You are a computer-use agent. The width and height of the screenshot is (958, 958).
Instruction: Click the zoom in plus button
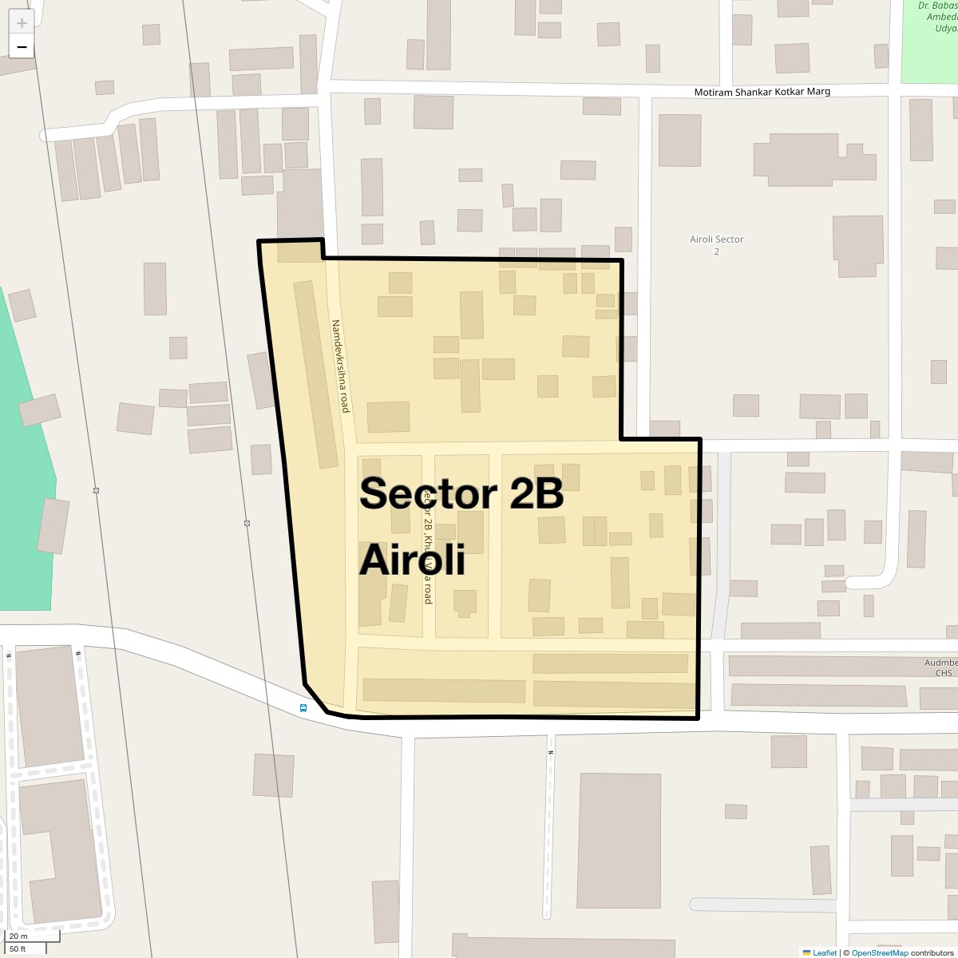click(22, 23)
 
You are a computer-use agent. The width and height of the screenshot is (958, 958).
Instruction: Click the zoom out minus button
click(22, 47)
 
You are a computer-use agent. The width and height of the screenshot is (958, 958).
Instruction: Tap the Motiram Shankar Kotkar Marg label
click(762, 92)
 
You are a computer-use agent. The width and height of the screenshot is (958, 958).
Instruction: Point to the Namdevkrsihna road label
click(341, 366)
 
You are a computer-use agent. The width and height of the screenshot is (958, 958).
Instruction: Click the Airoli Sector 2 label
click(716, 245)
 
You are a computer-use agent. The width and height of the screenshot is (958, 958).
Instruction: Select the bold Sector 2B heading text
click(461, 494)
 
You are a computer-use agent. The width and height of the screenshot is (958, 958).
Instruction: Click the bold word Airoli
click(412, 560)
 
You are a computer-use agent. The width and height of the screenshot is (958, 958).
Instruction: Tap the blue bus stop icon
click(303, 708)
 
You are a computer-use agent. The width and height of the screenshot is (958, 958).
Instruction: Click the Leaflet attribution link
click(825, 952)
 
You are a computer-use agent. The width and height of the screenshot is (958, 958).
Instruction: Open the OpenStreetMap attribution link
click(879, 952)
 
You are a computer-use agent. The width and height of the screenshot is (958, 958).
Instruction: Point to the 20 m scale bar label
click(18, 936)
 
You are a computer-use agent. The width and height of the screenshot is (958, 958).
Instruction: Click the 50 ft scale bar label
click(18, 948)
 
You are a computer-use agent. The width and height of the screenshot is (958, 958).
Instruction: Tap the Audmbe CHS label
click(940, 667)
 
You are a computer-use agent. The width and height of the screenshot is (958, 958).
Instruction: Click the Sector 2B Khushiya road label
click(428, 551)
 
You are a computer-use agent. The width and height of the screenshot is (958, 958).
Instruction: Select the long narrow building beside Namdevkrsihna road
click(316, 374)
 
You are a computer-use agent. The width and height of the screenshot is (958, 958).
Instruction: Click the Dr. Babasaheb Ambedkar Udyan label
click(936, 17)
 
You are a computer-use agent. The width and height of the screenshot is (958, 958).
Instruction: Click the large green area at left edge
click(24, 479)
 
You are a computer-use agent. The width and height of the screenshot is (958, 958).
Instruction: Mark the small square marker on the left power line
click(96, 490)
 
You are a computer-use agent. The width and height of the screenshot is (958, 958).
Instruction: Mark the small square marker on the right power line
click(247, 524)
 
